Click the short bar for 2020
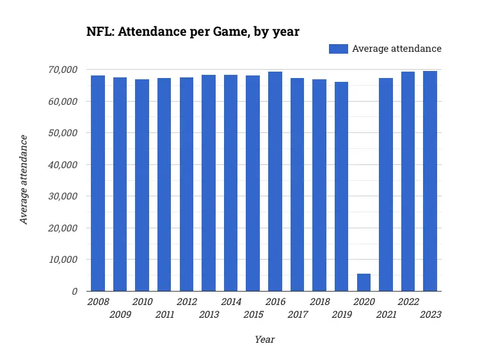(364, 283)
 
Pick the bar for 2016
(275, 182)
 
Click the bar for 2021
(386, 185)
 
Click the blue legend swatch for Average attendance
(338, 49)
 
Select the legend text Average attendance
(397, 49)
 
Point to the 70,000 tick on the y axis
(63, 70)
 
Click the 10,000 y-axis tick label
(63, 260)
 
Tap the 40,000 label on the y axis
(63, 164)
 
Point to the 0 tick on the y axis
(74, 292)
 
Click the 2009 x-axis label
(120, 315)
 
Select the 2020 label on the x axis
(364, 302)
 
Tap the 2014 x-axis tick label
(230, 302)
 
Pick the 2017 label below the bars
(297, 315)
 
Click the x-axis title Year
(264, 340)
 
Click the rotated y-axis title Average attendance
(24, 180)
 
